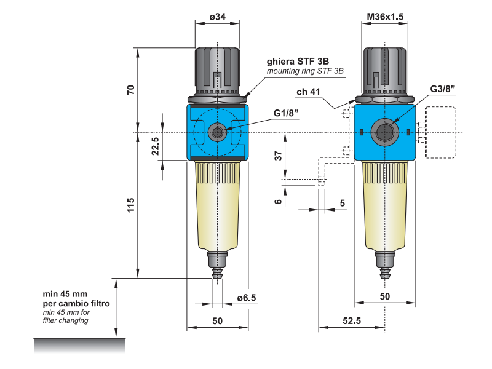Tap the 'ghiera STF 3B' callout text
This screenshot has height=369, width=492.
(298, 61)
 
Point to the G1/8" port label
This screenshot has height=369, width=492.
(286, 113)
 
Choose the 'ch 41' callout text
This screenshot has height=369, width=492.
(309, 93)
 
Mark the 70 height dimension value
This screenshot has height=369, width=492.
(130, 90)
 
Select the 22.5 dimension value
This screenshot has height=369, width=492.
(155, 147)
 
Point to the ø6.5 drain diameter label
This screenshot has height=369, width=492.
(246, 298)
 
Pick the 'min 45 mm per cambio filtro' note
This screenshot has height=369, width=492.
(76, 299)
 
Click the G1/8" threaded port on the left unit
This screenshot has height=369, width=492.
(217, 130)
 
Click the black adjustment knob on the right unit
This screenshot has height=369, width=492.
(385, 69)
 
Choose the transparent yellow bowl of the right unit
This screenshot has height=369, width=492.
(385, 209)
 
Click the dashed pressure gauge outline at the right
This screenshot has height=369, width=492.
(438, 132)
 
